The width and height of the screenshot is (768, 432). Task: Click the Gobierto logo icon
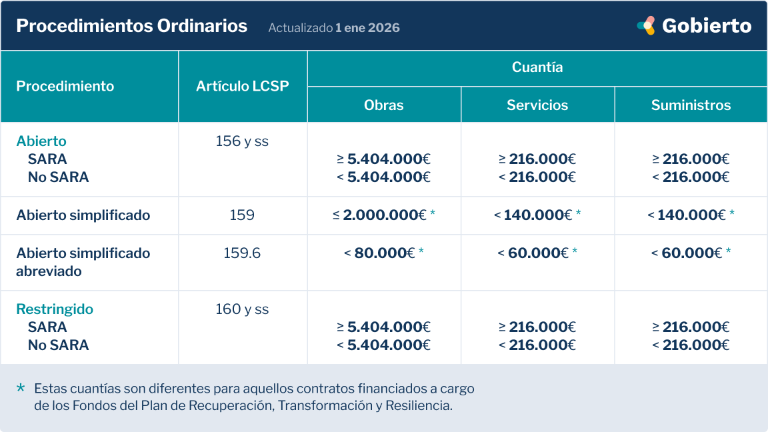click(x=646, y=26)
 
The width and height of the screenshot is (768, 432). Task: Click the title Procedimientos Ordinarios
click(x=131, y=27)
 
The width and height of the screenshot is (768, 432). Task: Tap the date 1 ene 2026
click(x=367, y=28)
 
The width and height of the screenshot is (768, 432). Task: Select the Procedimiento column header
click(x=65, y=86)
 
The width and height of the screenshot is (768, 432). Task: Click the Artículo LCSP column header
click(x=243, y=86)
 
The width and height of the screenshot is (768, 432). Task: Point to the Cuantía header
click(x=537, y=67)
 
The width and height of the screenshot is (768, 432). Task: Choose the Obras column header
click(x=384, y=105)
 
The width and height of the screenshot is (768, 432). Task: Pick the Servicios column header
click(x=537, y=105)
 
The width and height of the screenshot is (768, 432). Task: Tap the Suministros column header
click(x=691, y=105)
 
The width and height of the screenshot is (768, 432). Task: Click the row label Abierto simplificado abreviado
click(x=83, y=262)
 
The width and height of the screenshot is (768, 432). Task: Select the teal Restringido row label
click(x=55, y=309)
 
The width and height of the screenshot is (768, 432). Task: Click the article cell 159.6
click(x=242, y=253)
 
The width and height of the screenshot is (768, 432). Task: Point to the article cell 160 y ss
click(x=242, y=309)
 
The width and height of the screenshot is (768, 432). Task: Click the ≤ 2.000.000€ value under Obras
click(x=380, y=215)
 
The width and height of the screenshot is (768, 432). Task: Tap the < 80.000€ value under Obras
click(x=379, y=253)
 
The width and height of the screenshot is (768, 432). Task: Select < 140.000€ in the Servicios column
click(x=533, y=215)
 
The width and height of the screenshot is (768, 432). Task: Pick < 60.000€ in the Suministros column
click(x=686, y=253)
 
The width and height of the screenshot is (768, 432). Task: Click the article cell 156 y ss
click(x=242, y=141)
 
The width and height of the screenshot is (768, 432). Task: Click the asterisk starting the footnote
click(x=21, y=387)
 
